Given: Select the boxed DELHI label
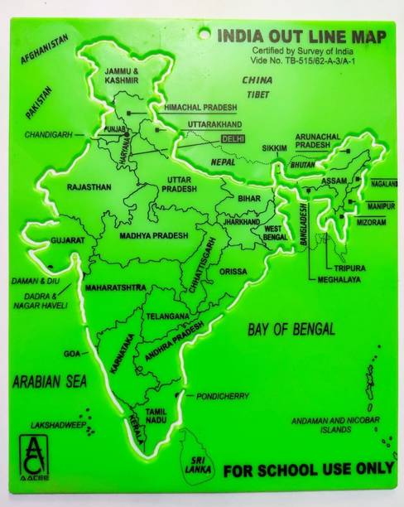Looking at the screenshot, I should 233,138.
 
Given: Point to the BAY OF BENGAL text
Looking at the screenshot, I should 291,329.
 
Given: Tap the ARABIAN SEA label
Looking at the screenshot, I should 50,382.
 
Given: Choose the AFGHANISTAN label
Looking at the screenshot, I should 39,51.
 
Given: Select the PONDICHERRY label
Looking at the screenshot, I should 223,397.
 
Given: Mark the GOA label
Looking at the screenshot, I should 71,353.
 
